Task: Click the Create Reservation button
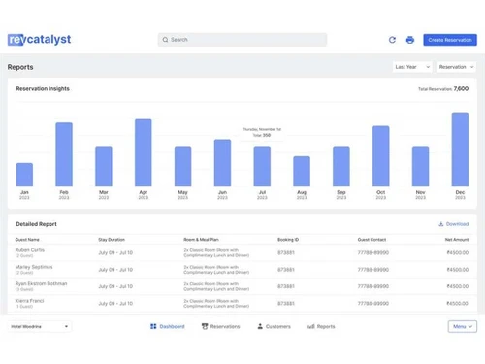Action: (x=450, y=40)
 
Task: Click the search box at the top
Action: (x=242, y=40)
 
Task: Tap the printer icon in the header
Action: (x=409, y=40)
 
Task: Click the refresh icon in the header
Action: (x=392, y=40)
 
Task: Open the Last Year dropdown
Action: (x=412, y=67)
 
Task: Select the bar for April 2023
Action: (x=143, y=152)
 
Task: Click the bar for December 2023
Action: (x=460, y=149)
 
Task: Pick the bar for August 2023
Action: (x=302, y=171)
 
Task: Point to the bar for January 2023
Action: (x=24, y=175)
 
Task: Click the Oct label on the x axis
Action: (x=380, y=193)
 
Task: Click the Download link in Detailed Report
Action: (x=454, y=224)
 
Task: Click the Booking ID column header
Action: (x=288, y=239)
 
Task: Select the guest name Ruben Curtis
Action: (x=30, y=250)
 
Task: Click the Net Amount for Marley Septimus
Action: (x=457, y=270)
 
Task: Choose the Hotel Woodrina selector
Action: (x=39, y=327)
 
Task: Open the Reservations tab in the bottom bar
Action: (x=220, y=327)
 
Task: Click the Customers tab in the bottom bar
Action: (x=274, y=327)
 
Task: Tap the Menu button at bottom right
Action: (x=462, y=327)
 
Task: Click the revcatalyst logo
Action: (x=39, y=40)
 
